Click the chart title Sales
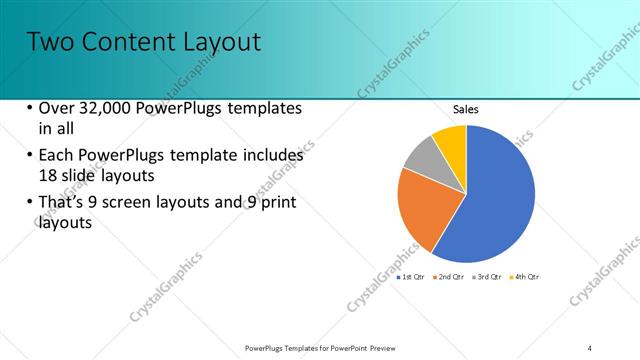tap(466, 109)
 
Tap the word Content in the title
tap(129, 42)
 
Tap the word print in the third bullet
tap(277, 203)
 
